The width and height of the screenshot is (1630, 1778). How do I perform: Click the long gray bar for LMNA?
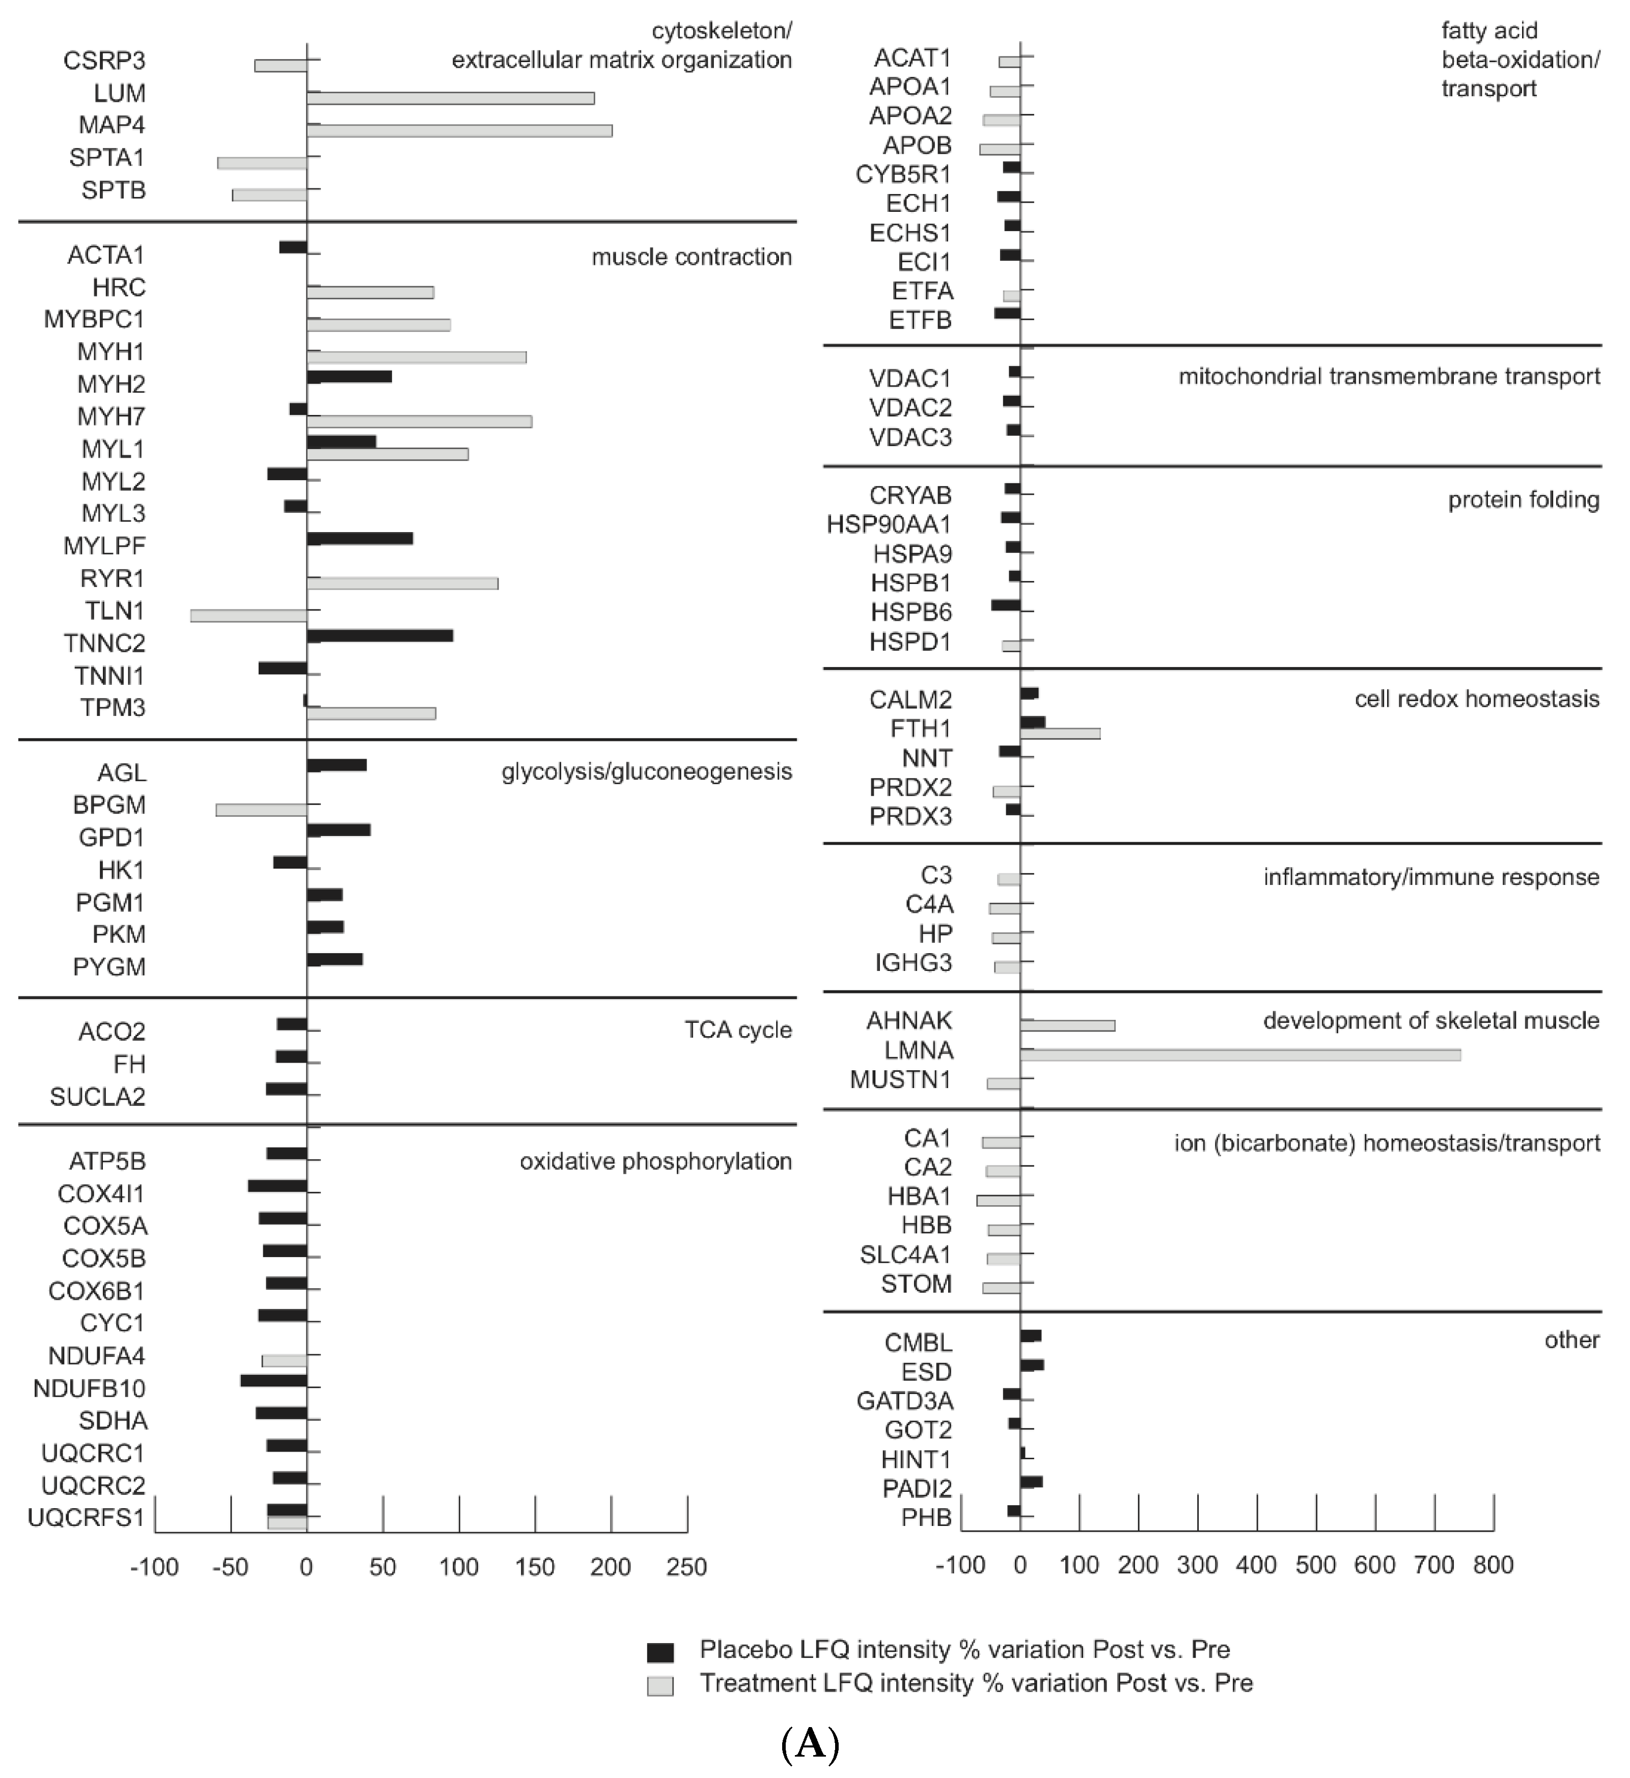[1239, 1055]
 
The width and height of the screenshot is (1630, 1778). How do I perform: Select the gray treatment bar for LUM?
[450, 98]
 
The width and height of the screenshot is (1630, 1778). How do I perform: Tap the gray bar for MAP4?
[459, 130]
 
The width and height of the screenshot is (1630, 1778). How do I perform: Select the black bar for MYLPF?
[359, 539]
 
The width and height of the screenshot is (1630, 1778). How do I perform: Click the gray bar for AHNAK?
[1067, 1025]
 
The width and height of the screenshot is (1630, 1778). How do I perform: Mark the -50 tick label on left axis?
[230, 1567]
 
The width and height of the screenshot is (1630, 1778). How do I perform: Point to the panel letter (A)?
[810, 1743]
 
